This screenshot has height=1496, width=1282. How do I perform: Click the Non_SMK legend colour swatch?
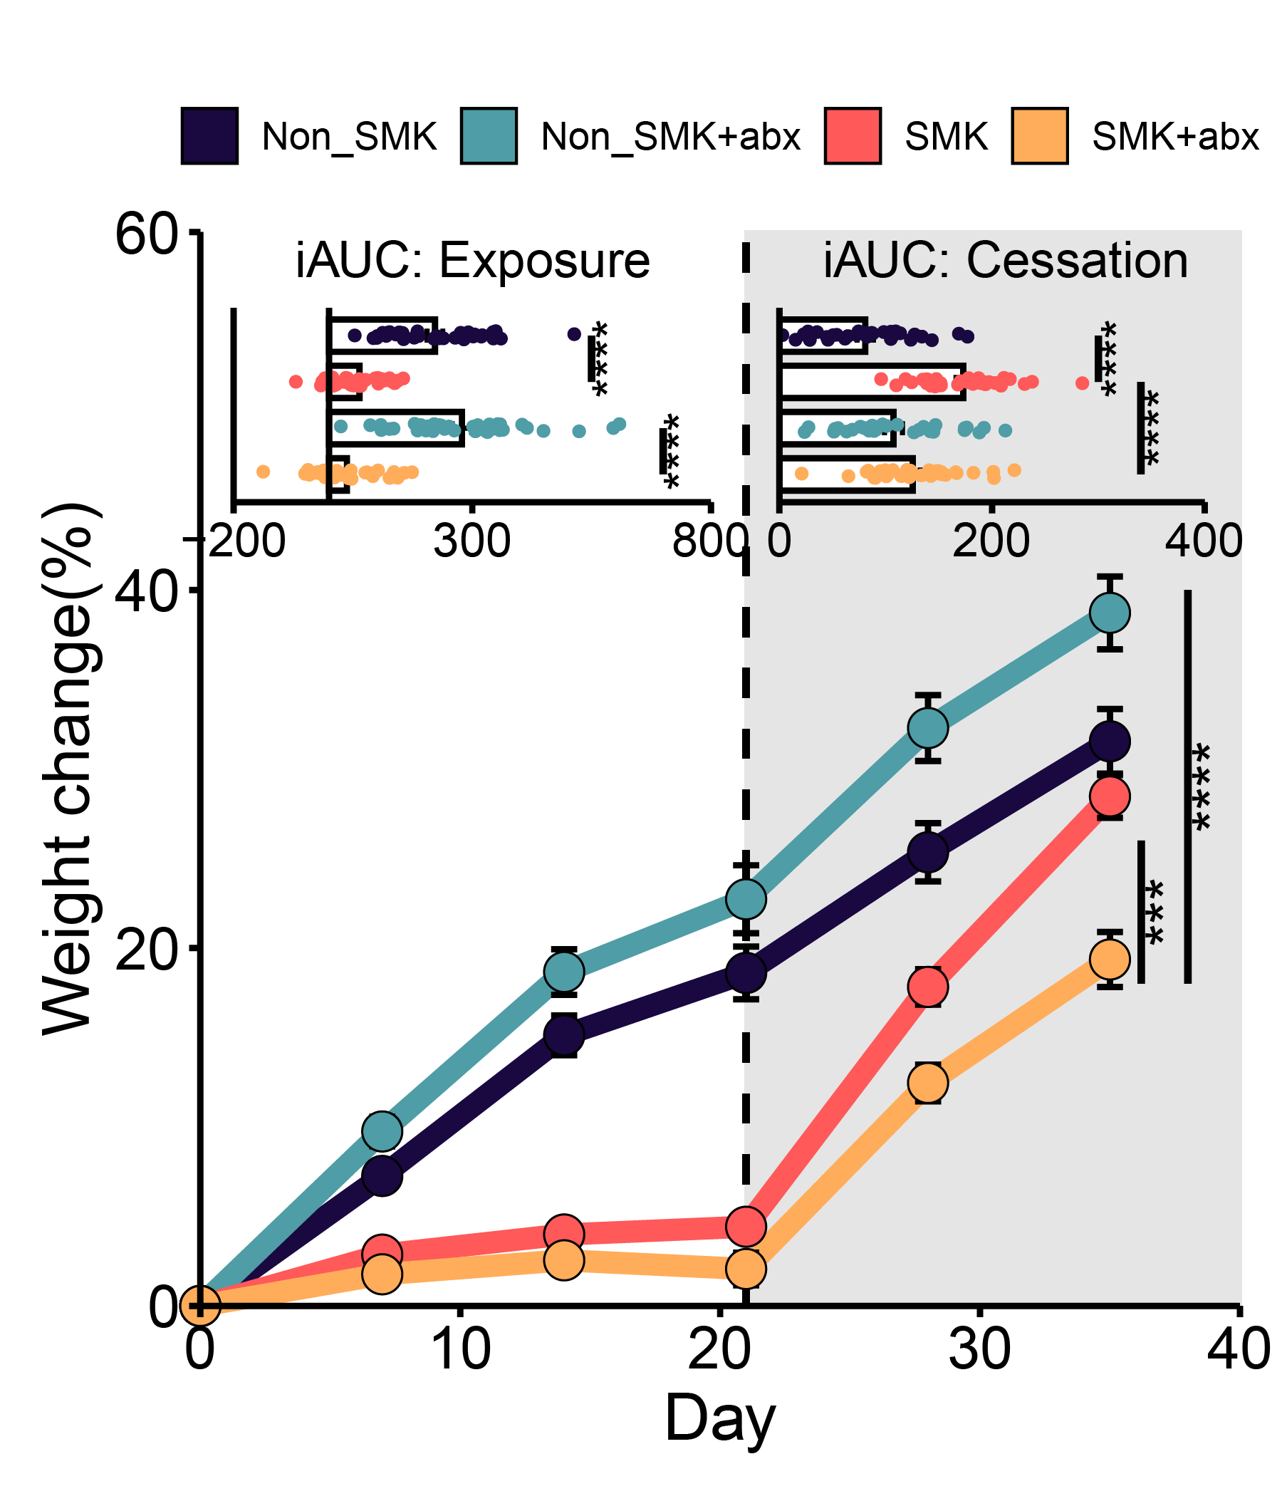pyautogui.click(x=209, y=136)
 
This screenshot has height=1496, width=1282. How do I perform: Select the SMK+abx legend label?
pyautogui.click(x=1175, y=136)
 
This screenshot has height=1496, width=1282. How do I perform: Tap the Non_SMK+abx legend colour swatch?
pyautogui.click(x=489, y=136)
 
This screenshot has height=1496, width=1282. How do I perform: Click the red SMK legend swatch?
pyautogui.click(x=853, y=136)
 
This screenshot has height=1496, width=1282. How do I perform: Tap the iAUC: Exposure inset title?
pyautogui.click(x=473, y=261)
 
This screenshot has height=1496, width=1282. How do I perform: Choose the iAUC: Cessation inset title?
pyautogui.click(x=1006, y=261)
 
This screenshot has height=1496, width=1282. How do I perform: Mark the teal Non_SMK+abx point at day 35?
pyautogui.click(x=1110, y=613)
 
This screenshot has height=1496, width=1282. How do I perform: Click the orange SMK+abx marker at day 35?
pyautogui.click(x=1110, y=959)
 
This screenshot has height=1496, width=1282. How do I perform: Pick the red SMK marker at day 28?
pyautogui.click(x=927, y=987)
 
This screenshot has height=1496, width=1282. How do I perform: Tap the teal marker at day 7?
pyautogui.click(x=382, y=1131)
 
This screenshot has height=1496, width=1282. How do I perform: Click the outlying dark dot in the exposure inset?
pyautogui.click(x=574, y=333)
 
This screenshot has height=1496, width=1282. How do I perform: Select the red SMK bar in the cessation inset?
pyautogui.click(x=872, y=381)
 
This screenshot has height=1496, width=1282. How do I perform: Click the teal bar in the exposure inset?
pyautogui.click(x=395, y=427)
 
